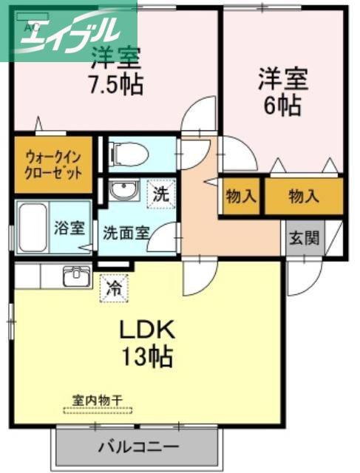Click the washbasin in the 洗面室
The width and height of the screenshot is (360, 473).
(x=123, y=191)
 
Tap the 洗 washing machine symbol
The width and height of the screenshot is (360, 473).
(x=160, y=195)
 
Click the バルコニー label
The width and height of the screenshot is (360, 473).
(x=137, y=447)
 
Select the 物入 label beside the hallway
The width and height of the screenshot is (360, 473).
(x=241, y=197)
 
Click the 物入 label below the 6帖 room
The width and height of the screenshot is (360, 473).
(x=304, y=197)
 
